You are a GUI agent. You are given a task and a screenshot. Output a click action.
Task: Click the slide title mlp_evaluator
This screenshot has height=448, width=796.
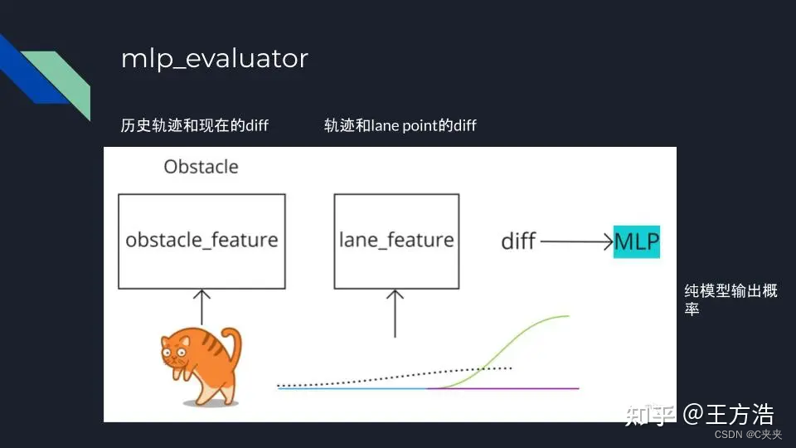click(x=214, y=59)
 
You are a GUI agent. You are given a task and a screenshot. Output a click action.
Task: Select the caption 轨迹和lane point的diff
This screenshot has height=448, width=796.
click(x=400, y=125)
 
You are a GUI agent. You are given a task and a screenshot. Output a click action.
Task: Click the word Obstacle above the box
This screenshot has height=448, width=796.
click(x=201, y=167)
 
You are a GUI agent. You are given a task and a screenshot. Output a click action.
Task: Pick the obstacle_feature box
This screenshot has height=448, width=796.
click(x=201, y=241)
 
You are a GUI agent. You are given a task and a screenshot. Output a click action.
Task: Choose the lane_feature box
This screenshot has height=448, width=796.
click(x=396, y=241)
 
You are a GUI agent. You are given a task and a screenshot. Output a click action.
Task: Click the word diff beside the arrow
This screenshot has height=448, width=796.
click(x=518, y=241)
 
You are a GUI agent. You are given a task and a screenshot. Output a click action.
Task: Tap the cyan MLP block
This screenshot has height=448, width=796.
click(x=637, y=241)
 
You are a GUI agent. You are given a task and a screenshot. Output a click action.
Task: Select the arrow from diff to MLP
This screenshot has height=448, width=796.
click(x=576, y=241)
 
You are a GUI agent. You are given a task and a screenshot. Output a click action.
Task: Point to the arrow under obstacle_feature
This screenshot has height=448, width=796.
click(x=201, y=306)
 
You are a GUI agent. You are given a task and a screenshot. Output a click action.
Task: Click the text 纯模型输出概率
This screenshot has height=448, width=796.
click(x=730, y=299)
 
